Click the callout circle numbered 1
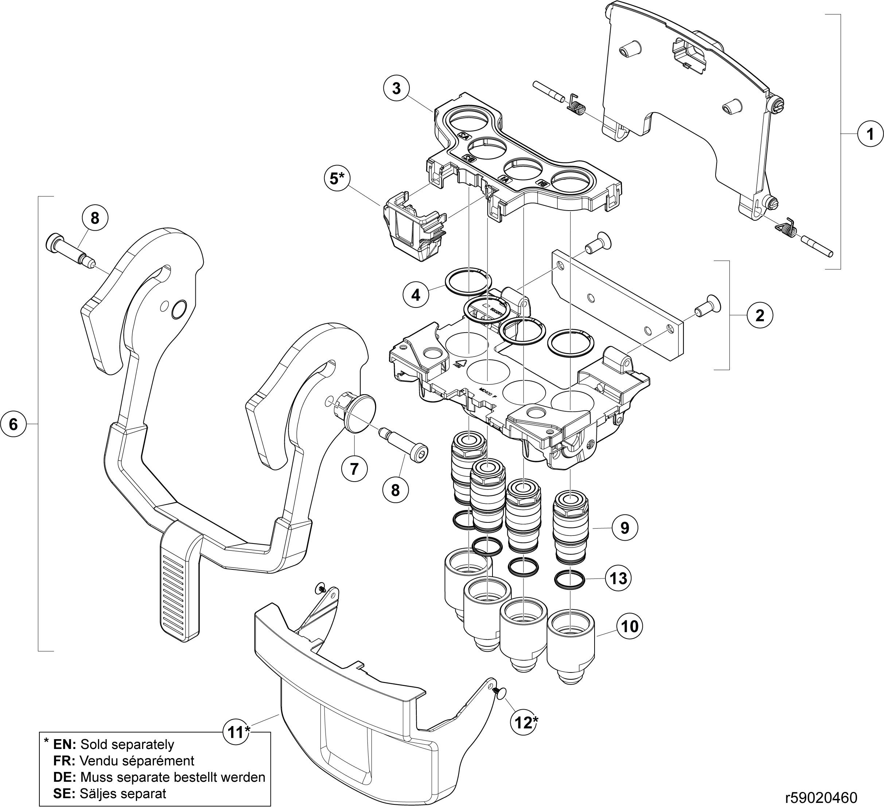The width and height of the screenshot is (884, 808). pyautogui.click(x=871, y=134)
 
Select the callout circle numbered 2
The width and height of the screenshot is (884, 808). pyautogui.click(x=760, y=315)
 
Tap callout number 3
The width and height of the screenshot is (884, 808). pyautogui.click(x=396, y=88)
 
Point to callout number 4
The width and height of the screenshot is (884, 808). pyautogui.click(x=416, y=295)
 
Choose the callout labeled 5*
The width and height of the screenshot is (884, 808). pyautogui.click(x=337, y=179)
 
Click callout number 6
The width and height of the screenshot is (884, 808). pyautogui.click(x=13, y=424)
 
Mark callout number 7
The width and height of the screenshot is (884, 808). pyautogui.click(x=354, y=469)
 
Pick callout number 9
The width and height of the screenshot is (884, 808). pyautogui.click(x=625, y=528)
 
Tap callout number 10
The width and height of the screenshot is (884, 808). pyautogui.click(x=630, y=626)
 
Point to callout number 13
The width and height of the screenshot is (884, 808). pyautogui.click(x=619, y=578)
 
